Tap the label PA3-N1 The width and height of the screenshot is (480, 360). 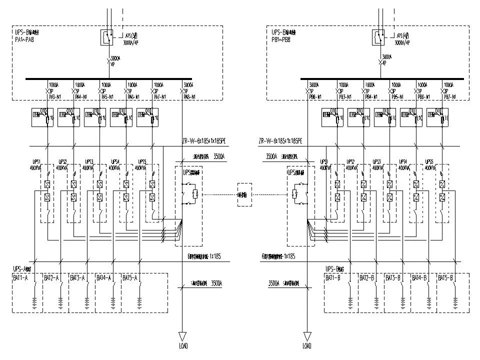click(55, 95)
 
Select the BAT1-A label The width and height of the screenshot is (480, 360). click(24, 277)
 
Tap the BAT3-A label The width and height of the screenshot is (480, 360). click(77, 277)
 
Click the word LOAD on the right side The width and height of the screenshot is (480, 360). click(306, 345)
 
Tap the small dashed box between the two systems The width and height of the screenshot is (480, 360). click(244, 193)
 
